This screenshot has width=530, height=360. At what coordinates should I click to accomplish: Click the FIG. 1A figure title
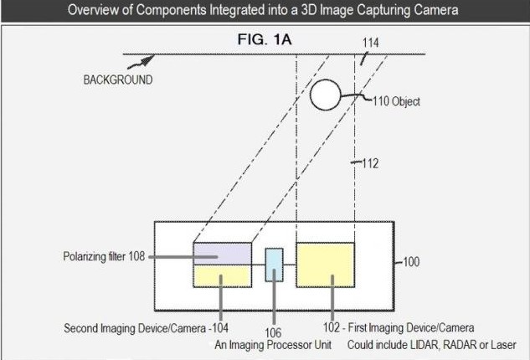point(265,39)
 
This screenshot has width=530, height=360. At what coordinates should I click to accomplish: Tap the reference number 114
point(370,43)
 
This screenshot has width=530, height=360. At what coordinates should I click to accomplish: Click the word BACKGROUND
point(118,80)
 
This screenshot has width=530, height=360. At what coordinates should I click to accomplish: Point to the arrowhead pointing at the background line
point(147,60)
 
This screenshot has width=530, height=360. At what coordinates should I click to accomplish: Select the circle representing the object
point(325,95)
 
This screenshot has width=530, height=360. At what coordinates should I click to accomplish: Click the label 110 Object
point(396,101)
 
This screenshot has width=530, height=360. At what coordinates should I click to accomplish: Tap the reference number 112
point(370,163)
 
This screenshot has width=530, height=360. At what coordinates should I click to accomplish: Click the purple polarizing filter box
point(223,254)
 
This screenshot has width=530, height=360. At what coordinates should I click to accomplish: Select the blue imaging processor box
point(274,265)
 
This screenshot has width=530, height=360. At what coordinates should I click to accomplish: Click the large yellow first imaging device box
point(326,265)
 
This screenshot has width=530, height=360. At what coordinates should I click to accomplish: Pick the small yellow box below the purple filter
point(223,276)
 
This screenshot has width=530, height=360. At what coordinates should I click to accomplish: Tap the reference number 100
point(411,262)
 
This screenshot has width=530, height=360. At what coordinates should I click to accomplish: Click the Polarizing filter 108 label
point(104,256)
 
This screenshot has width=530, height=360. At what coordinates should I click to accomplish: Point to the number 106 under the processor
point(273,333)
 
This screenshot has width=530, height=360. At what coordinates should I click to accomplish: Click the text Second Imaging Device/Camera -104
point(146,328)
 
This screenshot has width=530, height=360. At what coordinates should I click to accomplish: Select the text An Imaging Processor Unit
point(273,345)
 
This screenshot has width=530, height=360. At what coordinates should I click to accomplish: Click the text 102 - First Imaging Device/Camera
point(399,327)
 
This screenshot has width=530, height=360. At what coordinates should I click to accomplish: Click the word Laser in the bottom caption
point(503,345)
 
